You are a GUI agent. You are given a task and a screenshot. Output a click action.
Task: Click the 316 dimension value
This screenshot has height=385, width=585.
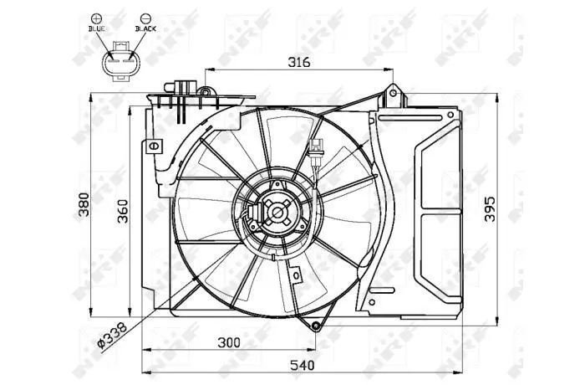[x=299, y=62]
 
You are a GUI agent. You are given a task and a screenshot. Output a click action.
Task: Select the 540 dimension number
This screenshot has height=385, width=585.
[x=303, y=365]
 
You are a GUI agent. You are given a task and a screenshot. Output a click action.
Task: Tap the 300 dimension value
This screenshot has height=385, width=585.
[x=229, y=342]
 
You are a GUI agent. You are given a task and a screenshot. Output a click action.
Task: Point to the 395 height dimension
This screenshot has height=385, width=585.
[x=490, y=209]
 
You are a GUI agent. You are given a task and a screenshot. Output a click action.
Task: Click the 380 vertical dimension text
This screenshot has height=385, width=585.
[x=84, y=204]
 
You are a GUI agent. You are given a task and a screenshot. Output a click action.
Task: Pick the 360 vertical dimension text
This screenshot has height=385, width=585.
[x=122, y=211]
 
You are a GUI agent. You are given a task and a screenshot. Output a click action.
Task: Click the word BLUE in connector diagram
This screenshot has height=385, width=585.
[x=97, y=28]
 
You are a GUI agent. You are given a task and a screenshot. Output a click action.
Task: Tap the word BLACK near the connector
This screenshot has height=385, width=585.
[x=145, y=28]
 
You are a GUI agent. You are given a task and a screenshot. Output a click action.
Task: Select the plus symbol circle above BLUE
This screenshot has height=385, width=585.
[x=96, y=18]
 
